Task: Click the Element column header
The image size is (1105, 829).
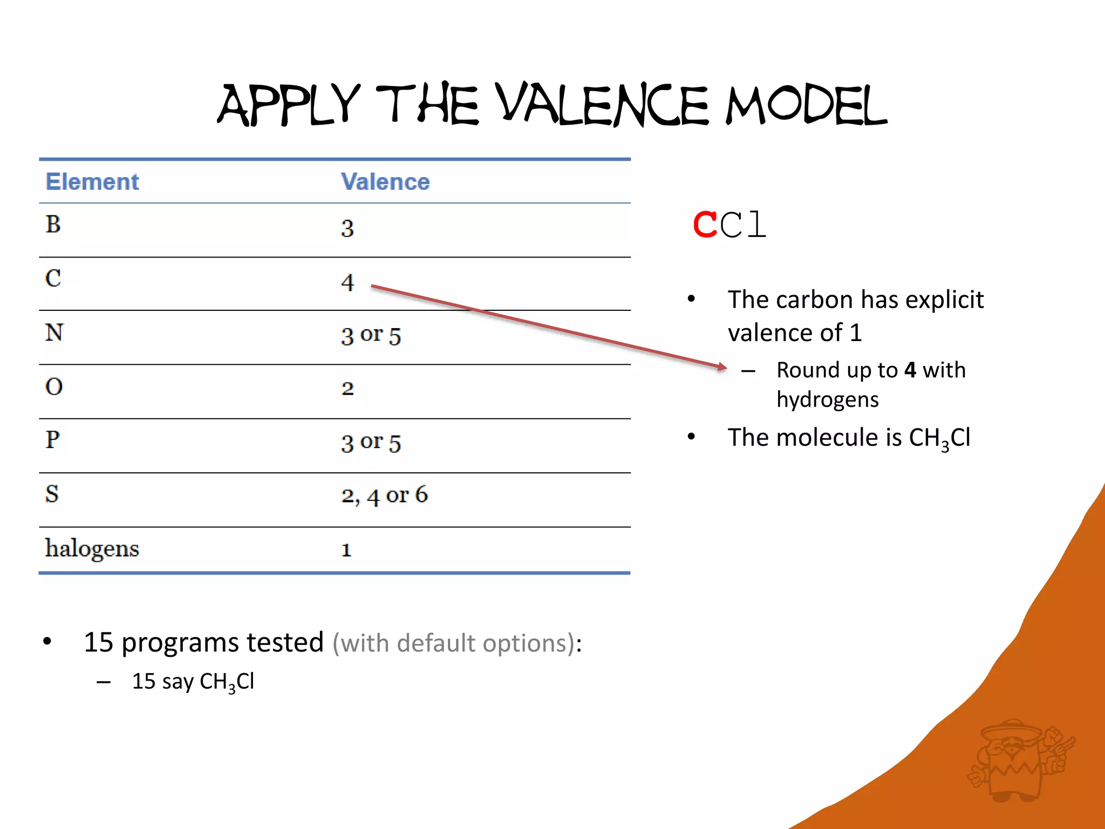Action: (x=92, y=182)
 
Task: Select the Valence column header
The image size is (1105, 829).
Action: (x=385, y=182)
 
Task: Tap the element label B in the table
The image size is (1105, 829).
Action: (x=53, y=225)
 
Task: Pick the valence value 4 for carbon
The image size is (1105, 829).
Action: (x=347, y=282)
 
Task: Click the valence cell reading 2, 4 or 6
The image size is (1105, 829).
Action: (x=384, y=495)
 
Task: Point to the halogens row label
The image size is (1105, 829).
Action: (x=92, y=549)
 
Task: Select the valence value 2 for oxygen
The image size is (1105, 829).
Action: (x=347, y=389)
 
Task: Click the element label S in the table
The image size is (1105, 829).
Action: (x=52, y=494)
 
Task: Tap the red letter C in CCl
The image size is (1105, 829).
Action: (x=705, y=225)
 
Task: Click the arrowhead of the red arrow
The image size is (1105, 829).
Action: (x=722, y=366)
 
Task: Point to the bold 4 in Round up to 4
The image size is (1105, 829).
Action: (x=910, y=370)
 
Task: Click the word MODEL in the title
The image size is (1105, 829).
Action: (x=806, y=105)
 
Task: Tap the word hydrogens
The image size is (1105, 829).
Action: (x=828, y=400)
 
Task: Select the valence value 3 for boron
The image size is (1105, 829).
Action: (x=347, y=228)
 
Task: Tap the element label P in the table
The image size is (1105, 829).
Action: (x=52, y=440)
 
